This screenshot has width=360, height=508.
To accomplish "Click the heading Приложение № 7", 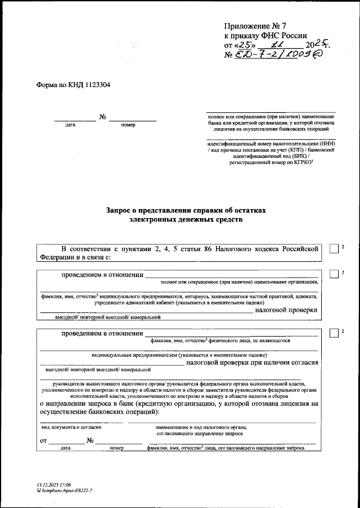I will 247,26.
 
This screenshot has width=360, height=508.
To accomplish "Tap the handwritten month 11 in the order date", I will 277,44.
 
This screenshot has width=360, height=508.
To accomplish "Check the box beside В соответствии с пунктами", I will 334,250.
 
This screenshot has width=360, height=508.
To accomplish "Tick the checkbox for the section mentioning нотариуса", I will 334,274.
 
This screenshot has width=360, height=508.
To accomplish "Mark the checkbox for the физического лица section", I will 334,333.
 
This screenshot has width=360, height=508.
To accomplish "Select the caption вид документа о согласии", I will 70,428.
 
